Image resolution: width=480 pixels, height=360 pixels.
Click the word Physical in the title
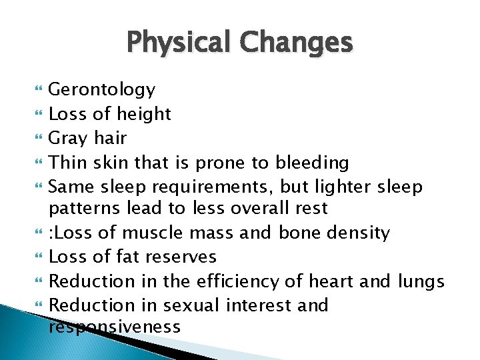[x=181, y=43]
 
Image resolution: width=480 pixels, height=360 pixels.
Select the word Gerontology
[x=103, y=90]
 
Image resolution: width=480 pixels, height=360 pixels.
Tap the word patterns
[x=85, y=209]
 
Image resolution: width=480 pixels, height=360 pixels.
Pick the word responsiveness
[x=115, y=327]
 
